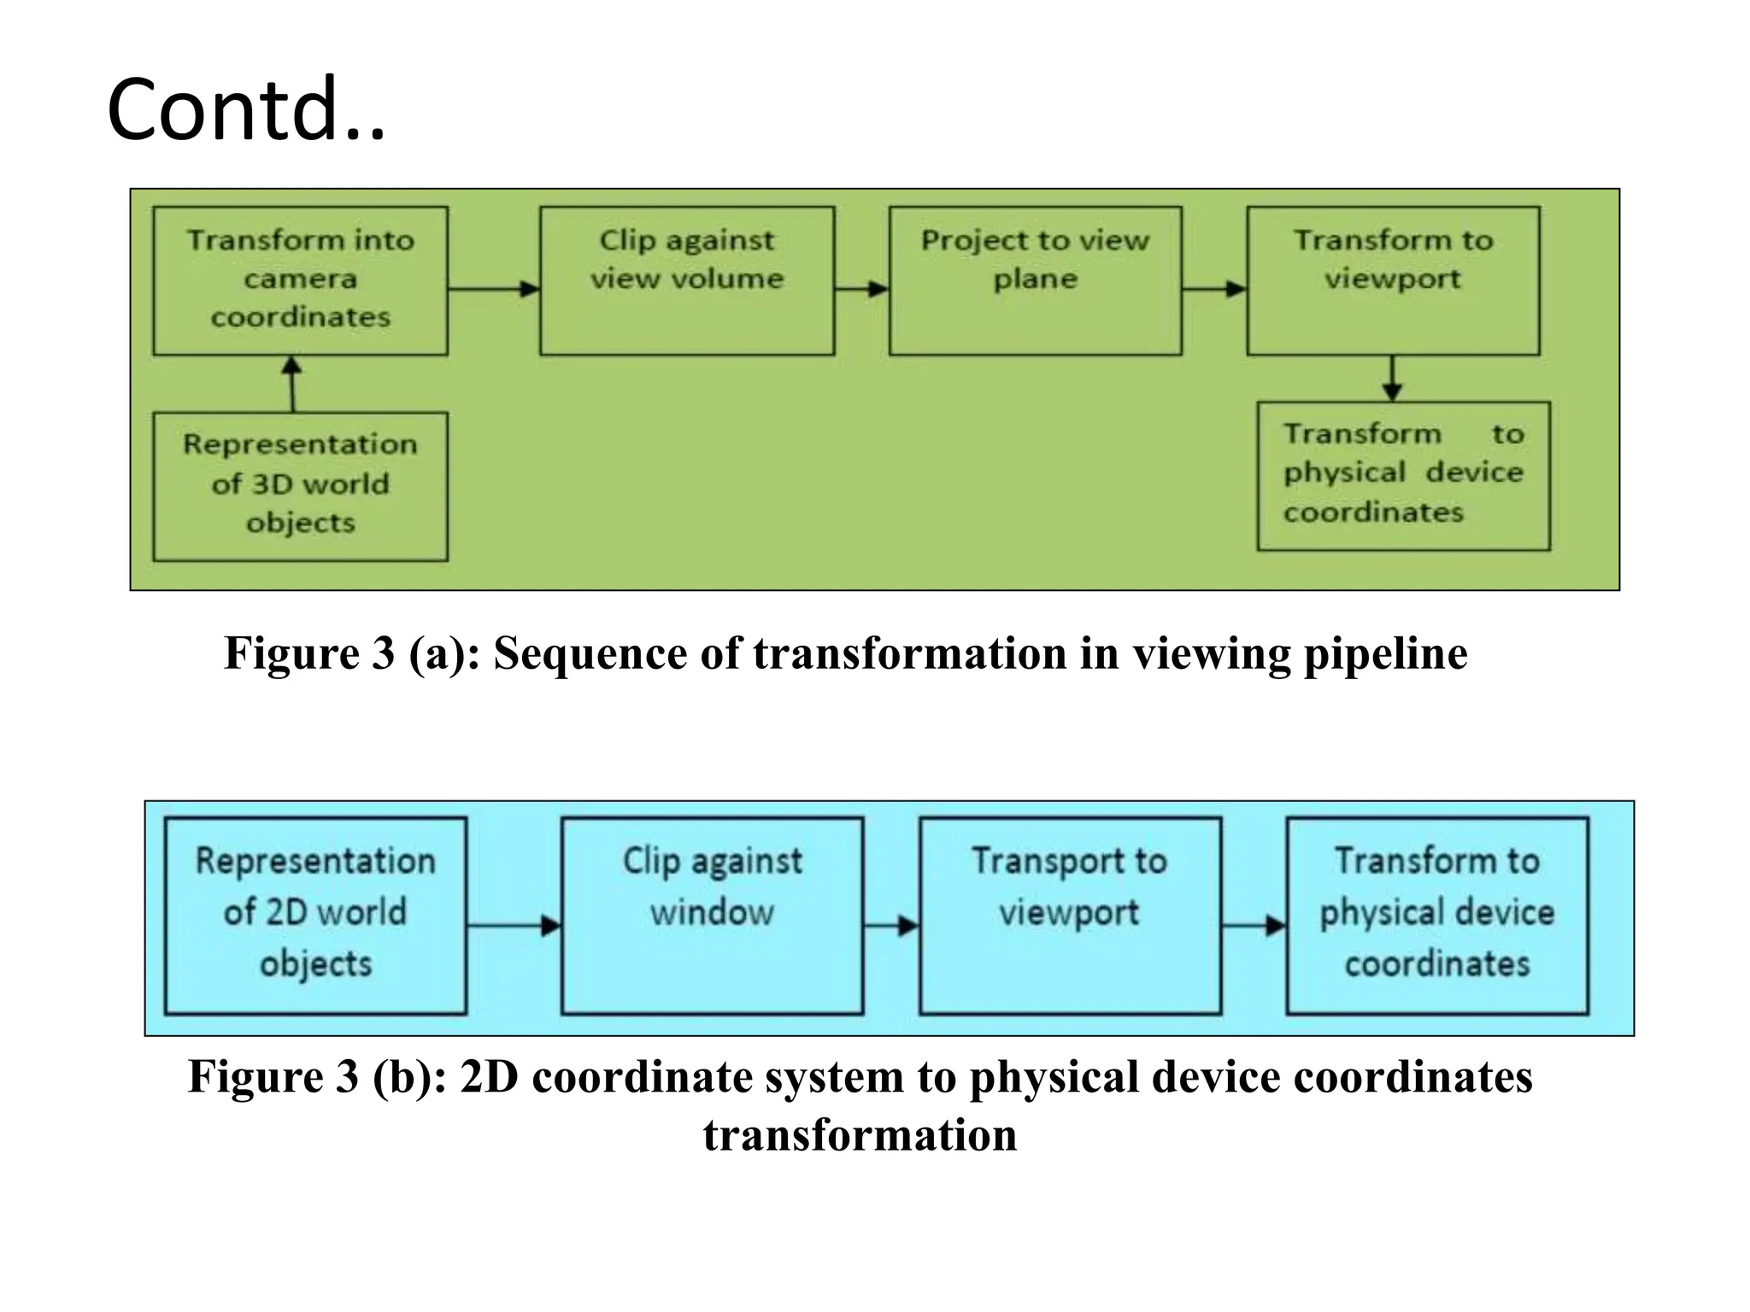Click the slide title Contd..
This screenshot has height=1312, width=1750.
tap(246, 111)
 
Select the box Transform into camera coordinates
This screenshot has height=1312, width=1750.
tap(300, 280)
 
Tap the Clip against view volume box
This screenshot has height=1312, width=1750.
tap(687, 280)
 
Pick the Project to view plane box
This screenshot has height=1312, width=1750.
tap(1035, 280)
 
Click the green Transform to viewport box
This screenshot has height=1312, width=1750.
tap(1393, 280)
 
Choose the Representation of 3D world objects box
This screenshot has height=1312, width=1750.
tap(300, 486)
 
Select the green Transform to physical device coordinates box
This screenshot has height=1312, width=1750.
tap(1403, 476)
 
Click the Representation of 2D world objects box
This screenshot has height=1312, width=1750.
tap(315, 916)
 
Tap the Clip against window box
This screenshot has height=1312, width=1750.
tap(712, 916)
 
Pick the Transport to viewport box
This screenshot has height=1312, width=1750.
tap(1070, 916)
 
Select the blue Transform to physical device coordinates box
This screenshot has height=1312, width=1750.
tap(1437, 916)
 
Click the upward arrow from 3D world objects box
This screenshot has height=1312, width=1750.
tap(292, 384)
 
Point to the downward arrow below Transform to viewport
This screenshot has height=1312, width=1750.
tap(1393, 378)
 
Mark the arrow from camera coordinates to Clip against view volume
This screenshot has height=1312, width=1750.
tap(494, 289)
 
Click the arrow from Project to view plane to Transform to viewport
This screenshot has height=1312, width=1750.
tap(1214, 289)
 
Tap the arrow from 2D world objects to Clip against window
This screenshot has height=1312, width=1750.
tap(514, 925)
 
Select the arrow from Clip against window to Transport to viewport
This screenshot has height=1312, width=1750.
tap(891, 925)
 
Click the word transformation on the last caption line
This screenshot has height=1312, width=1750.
tap(860, 1136)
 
